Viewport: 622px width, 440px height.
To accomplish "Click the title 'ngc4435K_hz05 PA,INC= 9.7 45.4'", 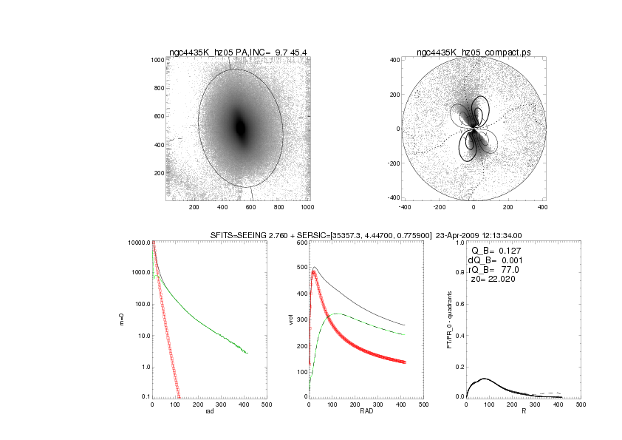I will click(x=239, y=53).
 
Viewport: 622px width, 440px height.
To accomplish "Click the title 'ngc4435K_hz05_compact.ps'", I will click(x=473, y=53).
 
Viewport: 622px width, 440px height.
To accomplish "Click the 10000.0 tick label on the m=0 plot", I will click(x=138, y=243).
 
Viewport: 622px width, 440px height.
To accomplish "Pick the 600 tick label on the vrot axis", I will click(x=301, y=243).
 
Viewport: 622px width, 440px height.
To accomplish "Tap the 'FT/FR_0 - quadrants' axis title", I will click(x=448, y=319).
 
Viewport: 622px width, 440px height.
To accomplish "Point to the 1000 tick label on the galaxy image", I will click(x=157, y=60).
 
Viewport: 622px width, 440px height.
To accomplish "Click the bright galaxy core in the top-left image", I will click(x=240, y=127).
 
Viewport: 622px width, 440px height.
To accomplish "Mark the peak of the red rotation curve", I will click(x=313, y=271).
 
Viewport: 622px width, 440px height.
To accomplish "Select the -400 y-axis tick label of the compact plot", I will click(x=394, y=197).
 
